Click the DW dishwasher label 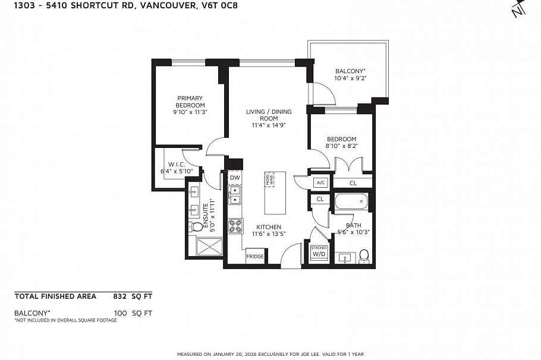[235, 178]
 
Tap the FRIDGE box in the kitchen [256, 257]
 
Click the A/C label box [321, 182]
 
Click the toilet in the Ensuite [197, 227]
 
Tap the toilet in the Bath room [364, 256]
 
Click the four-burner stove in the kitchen [235, 226]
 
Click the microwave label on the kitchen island [271, 181]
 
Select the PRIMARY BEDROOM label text [190, 102]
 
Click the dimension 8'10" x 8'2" [341, 146]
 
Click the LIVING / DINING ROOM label [264, 115]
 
